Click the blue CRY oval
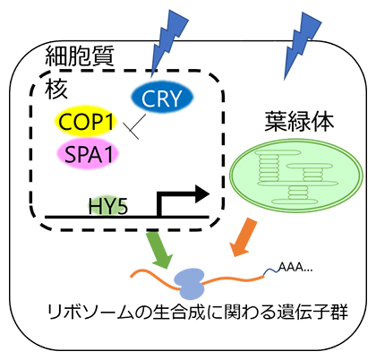tap(162, 99)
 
